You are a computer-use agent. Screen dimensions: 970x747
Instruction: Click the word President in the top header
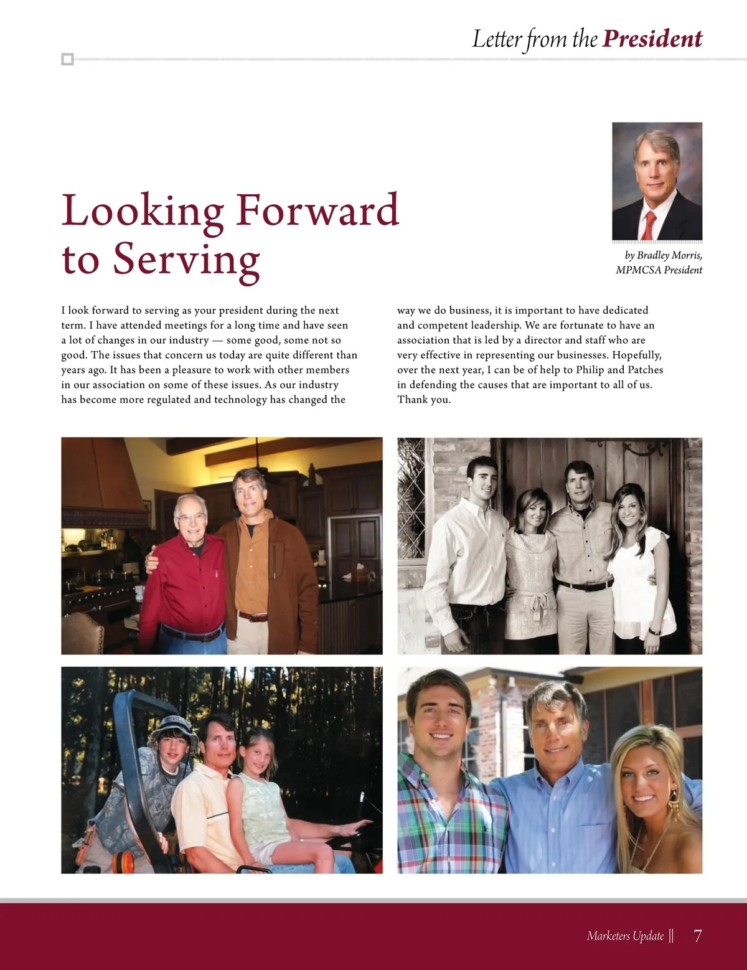652,39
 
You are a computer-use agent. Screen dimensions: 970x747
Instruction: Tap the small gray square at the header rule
68,60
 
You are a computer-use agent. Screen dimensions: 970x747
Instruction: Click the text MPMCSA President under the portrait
659,270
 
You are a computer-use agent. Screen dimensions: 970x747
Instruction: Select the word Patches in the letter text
645,370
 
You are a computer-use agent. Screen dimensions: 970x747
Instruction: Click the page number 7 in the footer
697,936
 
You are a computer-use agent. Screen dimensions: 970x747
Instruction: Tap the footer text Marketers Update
625,936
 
